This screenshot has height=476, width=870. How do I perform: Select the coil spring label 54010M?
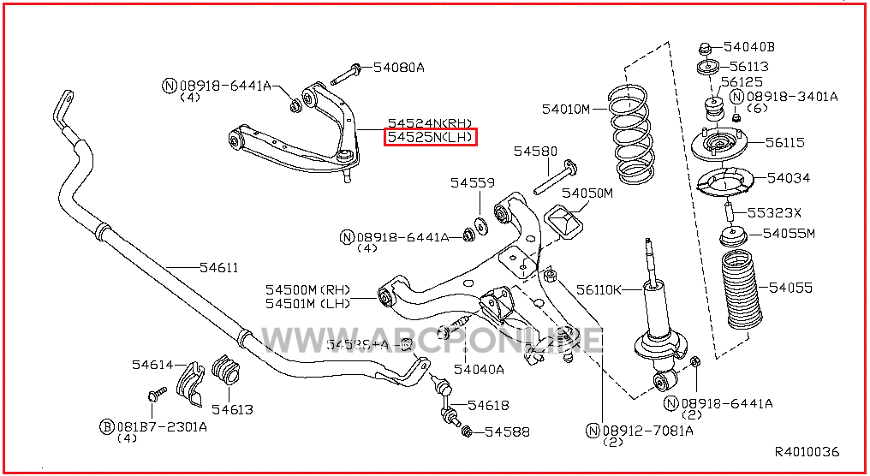point(566,109)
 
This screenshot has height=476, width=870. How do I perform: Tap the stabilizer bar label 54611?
point(219,268)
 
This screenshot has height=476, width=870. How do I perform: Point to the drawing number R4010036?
point(807,452)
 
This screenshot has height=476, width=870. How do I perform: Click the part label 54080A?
point(398,67)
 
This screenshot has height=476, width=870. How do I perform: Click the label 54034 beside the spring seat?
point(789,178)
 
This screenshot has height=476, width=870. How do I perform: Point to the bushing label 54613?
point(232,409)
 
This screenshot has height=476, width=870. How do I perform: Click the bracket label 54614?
point(152,365)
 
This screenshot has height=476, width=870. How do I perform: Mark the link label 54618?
point(488,405)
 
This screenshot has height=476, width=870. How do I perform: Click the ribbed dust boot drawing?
point(740,289)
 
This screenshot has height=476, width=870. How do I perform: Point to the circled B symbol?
point(107,425)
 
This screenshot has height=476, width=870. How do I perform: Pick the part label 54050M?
point(587,193)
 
